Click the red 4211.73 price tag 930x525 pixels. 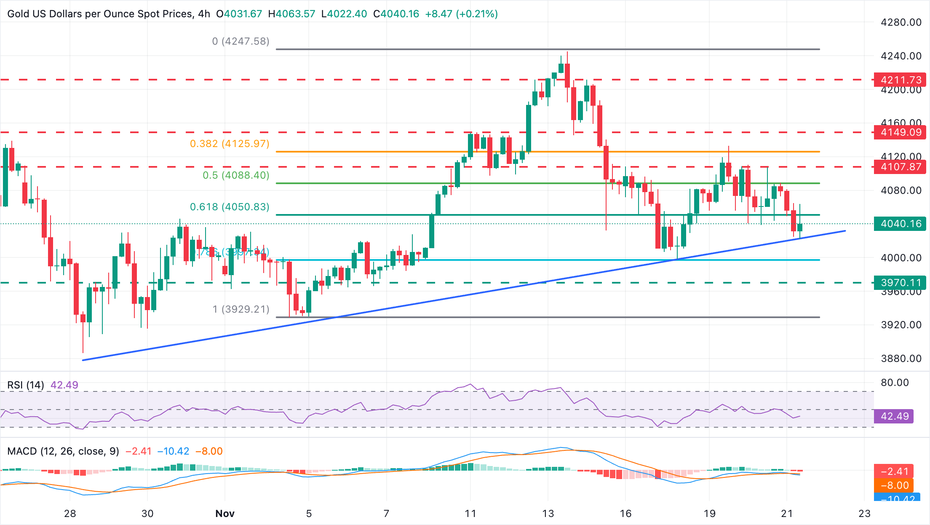pos(901,80)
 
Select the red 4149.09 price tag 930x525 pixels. pos(901,132)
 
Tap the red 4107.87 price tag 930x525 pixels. pos(901,167)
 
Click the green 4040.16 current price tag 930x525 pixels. pos(901,224)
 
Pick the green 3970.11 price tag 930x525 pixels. pos(901,283)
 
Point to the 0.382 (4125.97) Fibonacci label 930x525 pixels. pos(230,144)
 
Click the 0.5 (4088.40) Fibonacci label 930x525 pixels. pos(236,175)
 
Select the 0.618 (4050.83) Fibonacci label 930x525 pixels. pos(230,207)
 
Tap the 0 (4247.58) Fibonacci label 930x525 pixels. pos(241,41)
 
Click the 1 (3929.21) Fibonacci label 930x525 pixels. pos(241,309)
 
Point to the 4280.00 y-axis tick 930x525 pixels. pos(901,22)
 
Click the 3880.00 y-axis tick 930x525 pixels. pos(901,359)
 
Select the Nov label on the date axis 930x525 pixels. pos(224,514)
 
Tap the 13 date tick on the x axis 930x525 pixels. pos(548,514)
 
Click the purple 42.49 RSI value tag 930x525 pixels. pos(895,416)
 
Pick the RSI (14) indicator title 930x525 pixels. pos(26,385)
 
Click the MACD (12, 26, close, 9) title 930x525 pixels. pos(63,451)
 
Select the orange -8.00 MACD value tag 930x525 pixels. pos(895,485)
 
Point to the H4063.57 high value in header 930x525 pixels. pos(291,14)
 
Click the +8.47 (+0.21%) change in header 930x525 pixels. pos(461,14)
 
